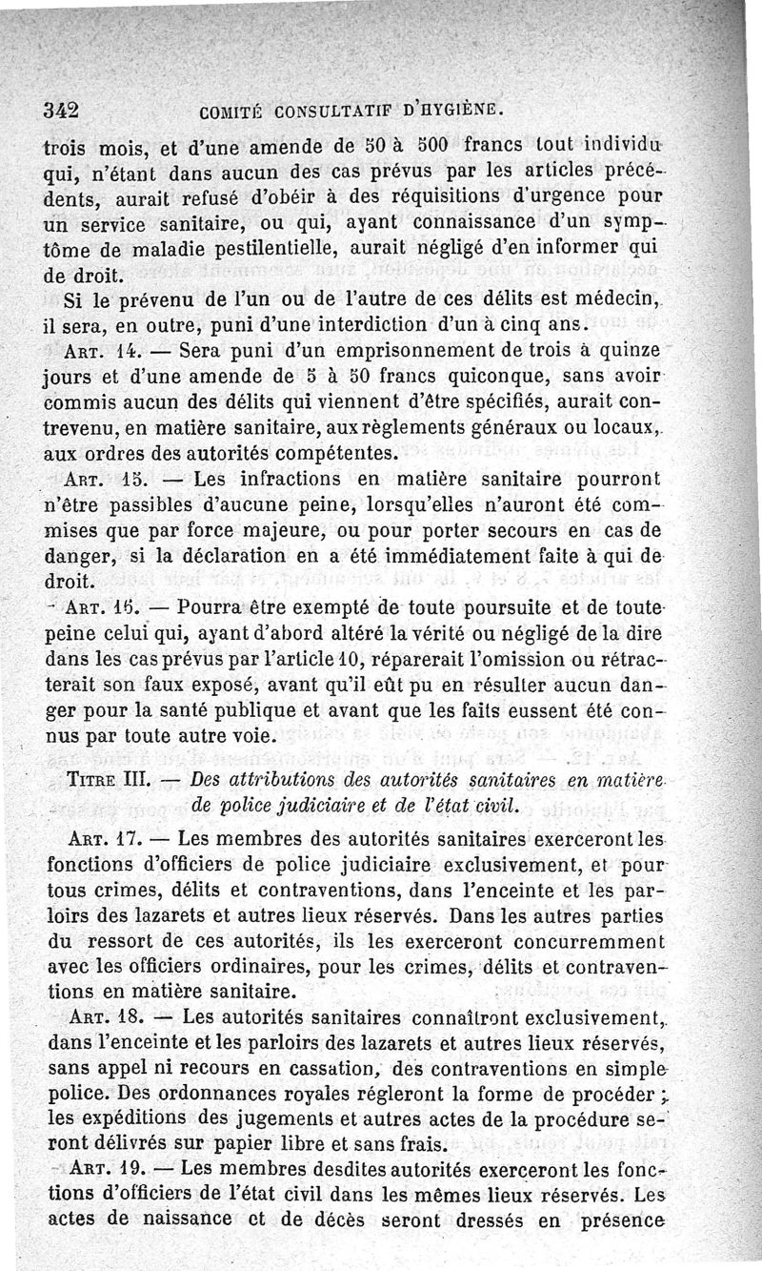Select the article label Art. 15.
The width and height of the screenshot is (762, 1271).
coord(93,479)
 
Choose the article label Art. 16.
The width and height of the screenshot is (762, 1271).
coord(96,605)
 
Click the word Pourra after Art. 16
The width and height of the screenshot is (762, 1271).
coord(220,605)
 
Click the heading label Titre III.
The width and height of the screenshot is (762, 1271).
coord(105,780)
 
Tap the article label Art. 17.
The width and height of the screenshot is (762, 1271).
coord(95,841)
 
